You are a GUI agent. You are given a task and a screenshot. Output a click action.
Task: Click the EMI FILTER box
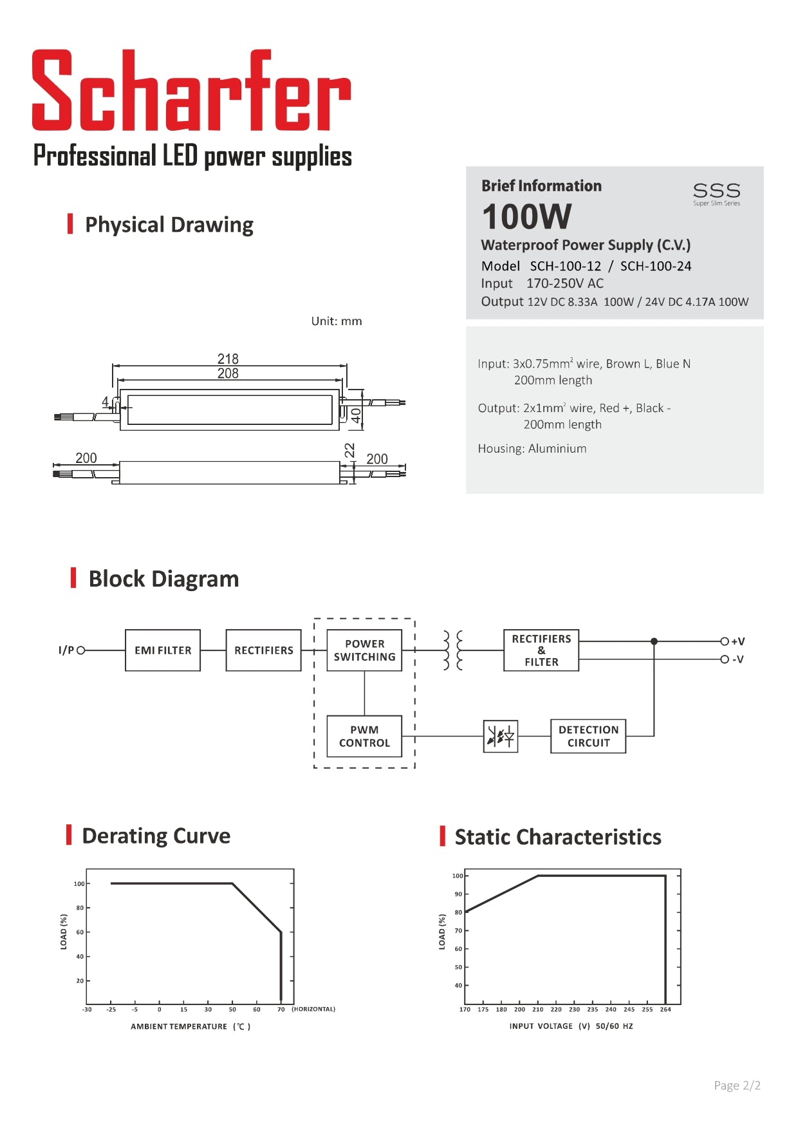click(x=163, y=650)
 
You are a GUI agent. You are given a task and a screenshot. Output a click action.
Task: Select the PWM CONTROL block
click(x=364, y=736)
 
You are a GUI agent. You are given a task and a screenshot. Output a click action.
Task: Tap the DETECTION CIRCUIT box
click(x=588, y=736)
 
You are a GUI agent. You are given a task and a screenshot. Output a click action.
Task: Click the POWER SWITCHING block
click(x=364, y=650)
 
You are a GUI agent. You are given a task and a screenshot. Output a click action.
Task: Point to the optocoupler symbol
click(x=501, y=736)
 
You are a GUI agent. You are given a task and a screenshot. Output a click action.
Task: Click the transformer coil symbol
click(x=453, y=650)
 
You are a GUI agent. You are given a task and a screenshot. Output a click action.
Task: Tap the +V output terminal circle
click(x=725, y=641)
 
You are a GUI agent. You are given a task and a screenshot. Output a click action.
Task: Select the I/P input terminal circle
click(x=81, y=650)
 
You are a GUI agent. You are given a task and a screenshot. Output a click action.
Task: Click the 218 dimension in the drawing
click(x=228, y=359)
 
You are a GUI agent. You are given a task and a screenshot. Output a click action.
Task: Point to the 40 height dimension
click(x=356, y=415)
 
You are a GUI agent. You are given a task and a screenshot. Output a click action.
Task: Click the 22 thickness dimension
click(x=349, y=450)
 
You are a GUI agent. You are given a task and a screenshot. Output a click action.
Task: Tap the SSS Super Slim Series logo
click(x=716, y=193)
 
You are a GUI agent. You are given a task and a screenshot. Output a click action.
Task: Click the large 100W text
click(x=526, y=216)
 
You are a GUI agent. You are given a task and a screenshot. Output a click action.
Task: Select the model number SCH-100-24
click(x=655, y=266)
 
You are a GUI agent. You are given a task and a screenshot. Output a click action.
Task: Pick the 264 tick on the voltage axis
click(x=665, y=1010)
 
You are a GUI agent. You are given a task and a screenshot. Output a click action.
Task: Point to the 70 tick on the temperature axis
click(x=281, y=1010)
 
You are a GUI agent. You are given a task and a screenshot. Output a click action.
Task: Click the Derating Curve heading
click(x=156, y=836)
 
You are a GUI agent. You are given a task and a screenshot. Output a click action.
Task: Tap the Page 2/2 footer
click(x=737, y=1086)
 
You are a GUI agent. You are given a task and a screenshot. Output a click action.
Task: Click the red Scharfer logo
click(x=192, y=90)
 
